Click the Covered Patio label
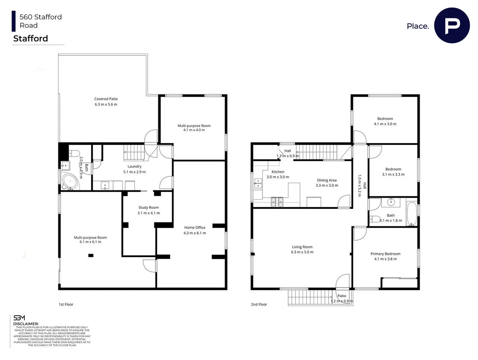(x=106, y=99)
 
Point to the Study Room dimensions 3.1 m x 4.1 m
(x=149, y=213)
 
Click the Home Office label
(x=195, y=228)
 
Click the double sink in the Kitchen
(x=258, y=184)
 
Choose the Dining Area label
(x=327, y=180)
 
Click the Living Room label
(x=302, y=247)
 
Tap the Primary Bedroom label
(x=385, y=254)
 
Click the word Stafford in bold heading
(x=31, y=38)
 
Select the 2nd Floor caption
(x=259, y=304)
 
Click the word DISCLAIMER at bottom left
(x=26, y=324)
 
